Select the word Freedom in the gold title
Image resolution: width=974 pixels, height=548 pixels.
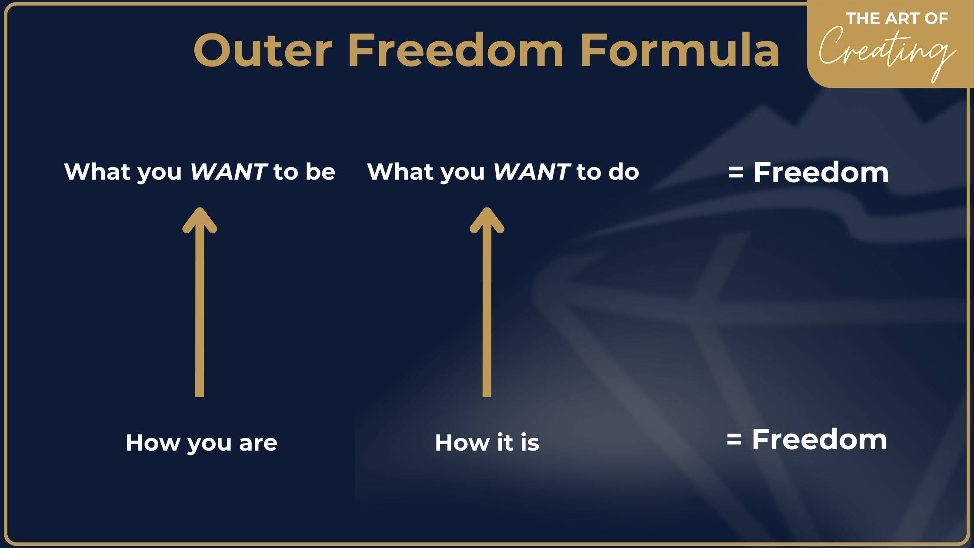pyautogui.click(x=456, y=50)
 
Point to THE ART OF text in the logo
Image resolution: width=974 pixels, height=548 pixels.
pyautogui.click(x=897, y=18)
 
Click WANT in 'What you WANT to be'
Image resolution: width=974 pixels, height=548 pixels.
pyautogui.click(x=229, y=171)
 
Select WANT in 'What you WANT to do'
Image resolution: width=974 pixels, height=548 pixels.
pyautogui.click(x=532, y=171)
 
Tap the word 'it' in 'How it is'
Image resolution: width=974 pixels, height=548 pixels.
pyautogui.click(x=505, y=442)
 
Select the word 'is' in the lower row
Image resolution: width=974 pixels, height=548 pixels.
pyautogui.click(x=530, y=442)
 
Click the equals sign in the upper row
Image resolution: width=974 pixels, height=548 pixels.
pyautogui.click(x=735, y=173)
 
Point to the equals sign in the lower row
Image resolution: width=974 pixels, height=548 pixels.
pyautogui.click(x=734, y=440)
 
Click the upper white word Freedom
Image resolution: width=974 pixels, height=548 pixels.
pyautogui.click(x=821, y=172)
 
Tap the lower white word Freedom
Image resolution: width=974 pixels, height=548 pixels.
pyautogui.click(x=820, y=439)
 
